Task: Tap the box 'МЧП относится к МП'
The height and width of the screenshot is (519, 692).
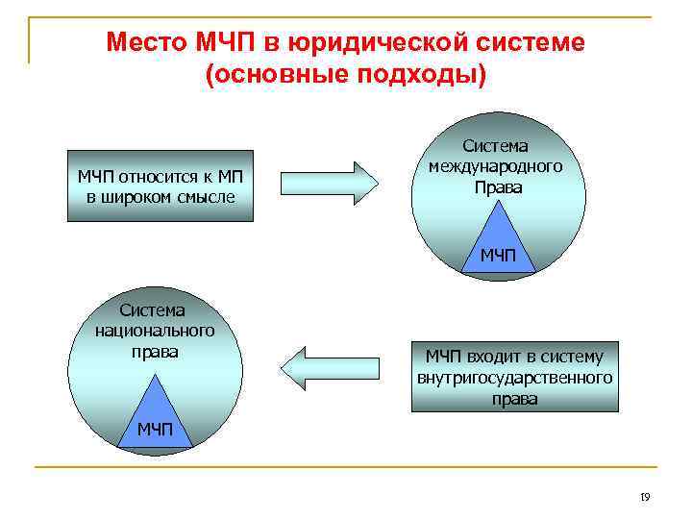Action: coord(160,185)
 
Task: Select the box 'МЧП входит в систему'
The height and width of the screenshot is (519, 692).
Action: coord(515,377)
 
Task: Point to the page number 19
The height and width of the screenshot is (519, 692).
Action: coord(645,497)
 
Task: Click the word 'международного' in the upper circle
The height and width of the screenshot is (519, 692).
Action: coord(496,167)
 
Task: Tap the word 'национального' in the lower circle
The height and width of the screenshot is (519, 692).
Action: coord(155,331)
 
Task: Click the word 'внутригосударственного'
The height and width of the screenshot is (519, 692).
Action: coord(515,378)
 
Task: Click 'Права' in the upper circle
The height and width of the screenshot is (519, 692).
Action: coord(497,187)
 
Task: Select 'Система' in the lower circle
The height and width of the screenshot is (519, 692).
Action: coord(153,309)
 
